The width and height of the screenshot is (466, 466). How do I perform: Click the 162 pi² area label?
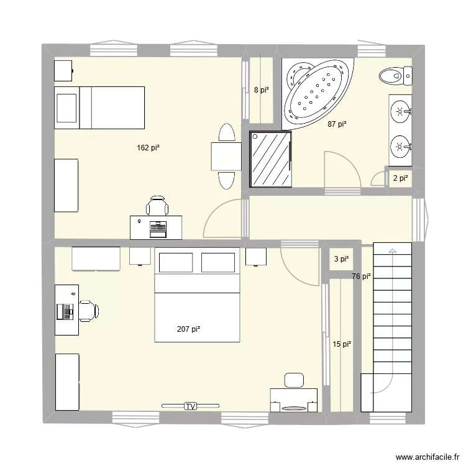click(148, 148)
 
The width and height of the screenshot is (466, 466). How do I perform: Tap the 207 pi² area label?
click(189, 329)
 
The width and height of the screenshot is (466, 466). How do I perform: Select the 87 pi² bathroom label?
click(337, 124)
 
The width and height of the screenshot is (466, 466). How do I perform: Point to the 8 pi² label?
click(262, 90)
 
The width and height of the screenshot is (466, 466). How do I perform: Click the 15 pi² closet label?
click(342, 344)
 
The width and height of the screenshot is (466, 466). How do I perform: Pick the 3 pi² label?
click(341, 260)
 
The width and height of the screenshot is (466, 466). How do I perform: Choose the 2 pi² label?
click(400, 178)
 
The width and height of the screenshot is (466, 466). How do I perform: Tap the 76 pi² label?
click(361, 276)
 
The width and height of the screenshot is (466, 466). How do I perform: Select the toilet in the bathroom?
click(395, 76)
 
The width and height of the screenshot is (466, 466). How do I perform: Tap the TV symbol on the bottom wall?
click(190, 406)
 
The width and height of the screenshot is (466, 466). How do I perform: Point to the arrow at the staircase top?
click(392, 250)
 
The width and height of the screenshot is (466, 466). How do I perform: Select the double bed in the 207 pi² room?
click(197, 295)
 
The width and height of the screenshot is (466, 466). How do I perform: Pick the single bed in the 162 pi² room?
click(99, 107)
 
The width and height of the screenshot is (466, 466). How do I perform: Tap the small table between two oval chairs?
click(226, 156)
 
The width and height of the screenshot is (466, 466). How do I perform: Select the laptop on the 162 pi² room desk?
click(158, 227)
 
